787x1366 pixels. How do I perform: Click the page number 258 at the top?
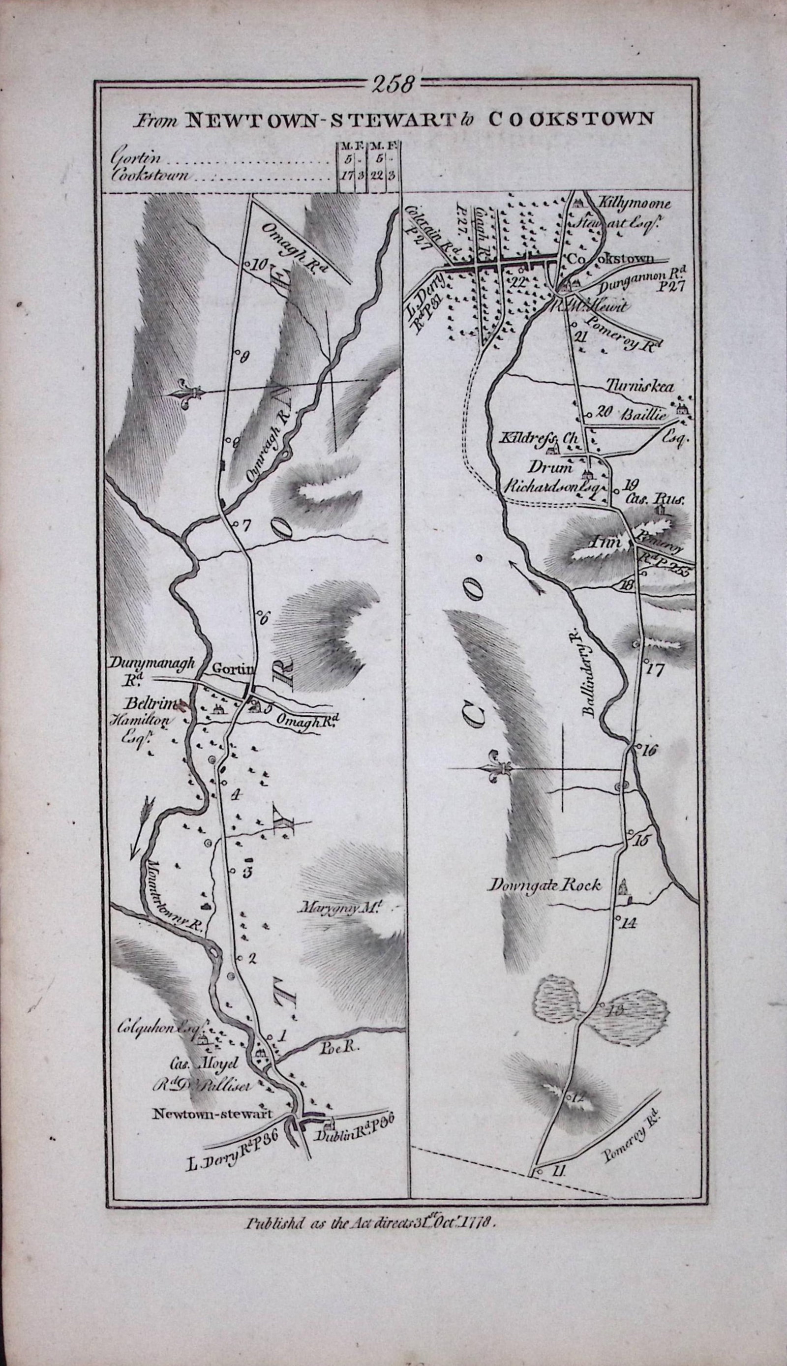coord(393,85)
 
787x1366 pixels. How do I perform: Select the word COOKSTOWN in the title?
coord(570,119)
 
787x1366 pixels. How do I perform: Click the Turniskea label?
coord(637,387)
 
